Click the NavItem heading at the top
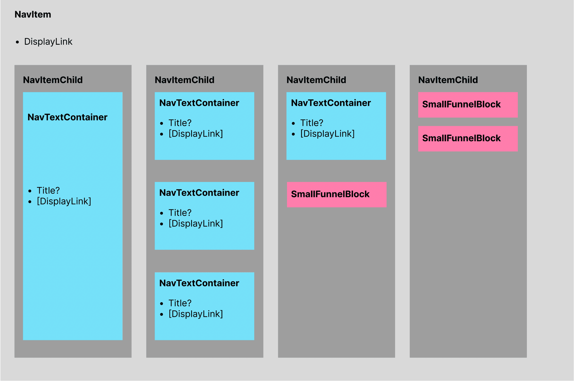click(x=33, y=14)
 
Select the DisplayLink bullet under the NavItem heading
click(x=48, y=41)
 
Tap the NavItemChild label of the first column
click(x=53, y=80)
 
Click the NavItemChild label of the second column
click(x=184, y=80)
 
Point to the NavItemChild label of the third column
click(x=316, y=80)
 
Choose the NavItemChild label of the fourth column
click(x=448, y=80)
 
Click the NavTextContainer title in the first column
click(x=67, y=117)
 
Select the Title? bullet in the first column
click(x=48, y=190)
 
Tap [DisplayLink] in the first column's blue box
click(x=64, y=201)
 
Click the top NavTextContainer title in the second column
click(x=199, y=103)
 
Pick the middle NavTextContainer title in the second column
click(x=199, y=193)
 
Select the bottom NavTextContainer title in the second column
click(x=199, y=283)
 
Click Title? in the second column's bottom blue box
click(x=180, y=303)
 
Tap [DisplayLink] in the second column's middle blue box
click(x=196, y=223)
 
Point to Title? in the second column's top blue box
click(x=180, y=123)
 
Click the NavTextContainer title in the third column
click(x=331, y=103)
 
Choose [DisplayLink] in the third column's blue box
click(x=327, y=134)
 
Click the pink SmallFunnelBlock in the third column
click(x=337, y=194)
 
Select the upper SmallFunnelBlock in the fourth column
click(x=468, y=105)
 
